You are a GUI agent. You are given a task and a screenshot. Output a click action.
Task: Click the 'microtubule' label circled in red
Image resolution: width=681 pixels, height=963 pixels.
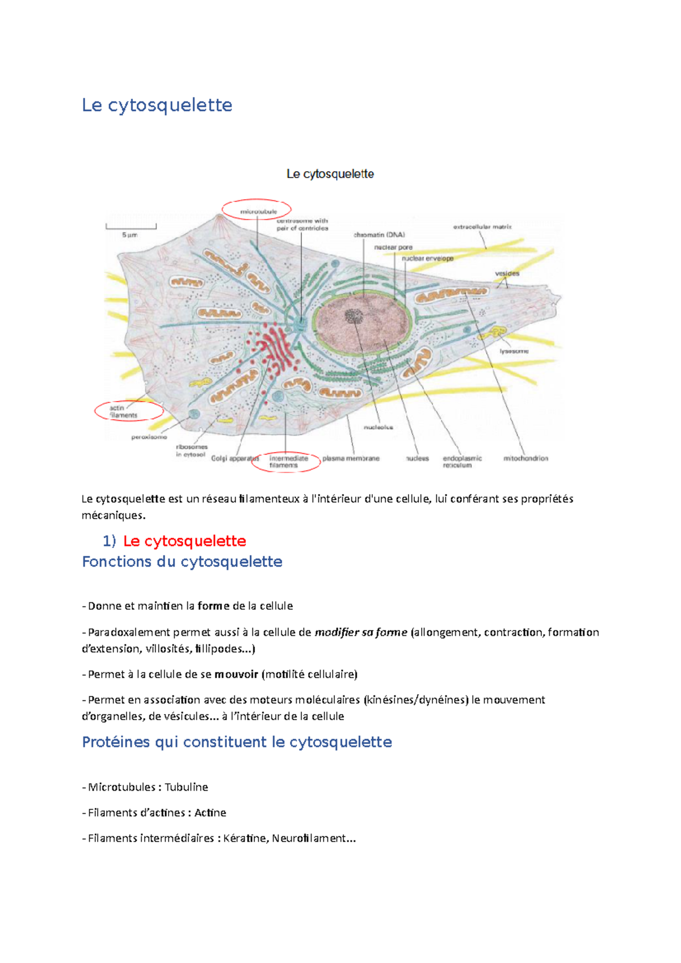(x=258, y=212)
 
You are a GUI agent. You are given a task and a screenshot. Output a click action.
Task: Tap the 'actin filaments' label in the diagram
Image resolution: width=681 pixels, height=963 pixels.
(x=124, y=412)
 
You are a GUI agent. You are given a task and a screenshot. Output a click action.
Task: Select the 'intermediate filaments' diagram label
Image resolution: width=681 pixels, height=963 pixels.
(x=288, y=462)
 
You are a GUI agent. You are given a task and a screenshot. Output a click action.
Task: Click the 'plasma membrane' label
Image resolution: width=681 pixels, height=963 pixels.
(x=351, y=458)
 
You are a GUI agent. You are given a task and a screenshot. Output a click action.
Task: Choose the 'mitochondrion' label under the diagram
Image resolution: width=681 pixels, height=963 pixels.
(x=526, y=458)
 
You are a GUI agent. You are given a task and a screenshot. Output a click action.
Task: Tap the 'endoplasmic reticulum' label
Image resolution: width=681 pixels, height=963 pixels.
(x=462, y=462)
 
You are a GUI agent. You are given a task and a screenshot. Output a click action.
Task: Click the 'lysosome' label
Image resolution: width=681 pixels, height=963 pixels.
(x=514, y=351)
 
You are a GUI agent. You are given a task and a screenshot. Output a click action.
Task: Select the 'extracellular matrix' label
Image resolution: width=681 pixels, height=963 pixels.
(x=482, y=227)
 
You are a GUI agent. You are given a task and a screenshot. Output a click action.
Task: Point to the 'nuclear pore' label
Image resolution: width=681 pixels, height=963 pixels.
(x=393, y=247)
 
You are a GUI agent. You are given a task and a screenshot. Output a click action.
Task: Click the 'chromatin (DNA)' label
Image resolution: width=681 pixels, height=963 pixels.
(x=379, y=235)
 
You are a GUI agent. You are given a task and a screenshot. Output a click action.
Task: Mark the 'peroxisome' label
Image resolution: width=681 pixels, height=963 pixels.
(x=149, y=437)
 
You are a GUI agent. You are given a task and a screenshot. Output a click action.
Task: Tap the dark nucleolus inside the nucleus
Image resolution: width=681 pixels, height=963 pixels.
(x=355, y=316)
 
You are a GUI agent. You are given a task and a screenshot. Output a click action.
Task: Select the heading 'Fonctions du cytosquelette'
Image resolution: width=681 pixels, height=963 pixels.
(x=182, y=561)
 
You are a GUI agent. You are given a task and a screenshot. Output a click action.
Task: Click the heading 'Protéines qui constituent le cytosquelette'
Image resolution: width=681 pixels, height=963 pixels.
(x=237, y=742)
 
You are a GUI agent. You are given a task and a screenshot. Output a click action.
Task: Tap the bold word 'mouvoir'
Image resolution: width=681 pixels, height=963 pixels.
(x=236, y=674)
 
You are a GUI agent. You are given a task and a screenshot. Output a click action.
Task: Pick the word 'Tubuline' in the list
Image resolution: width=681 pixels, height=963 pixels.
(x=186, y=787)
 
